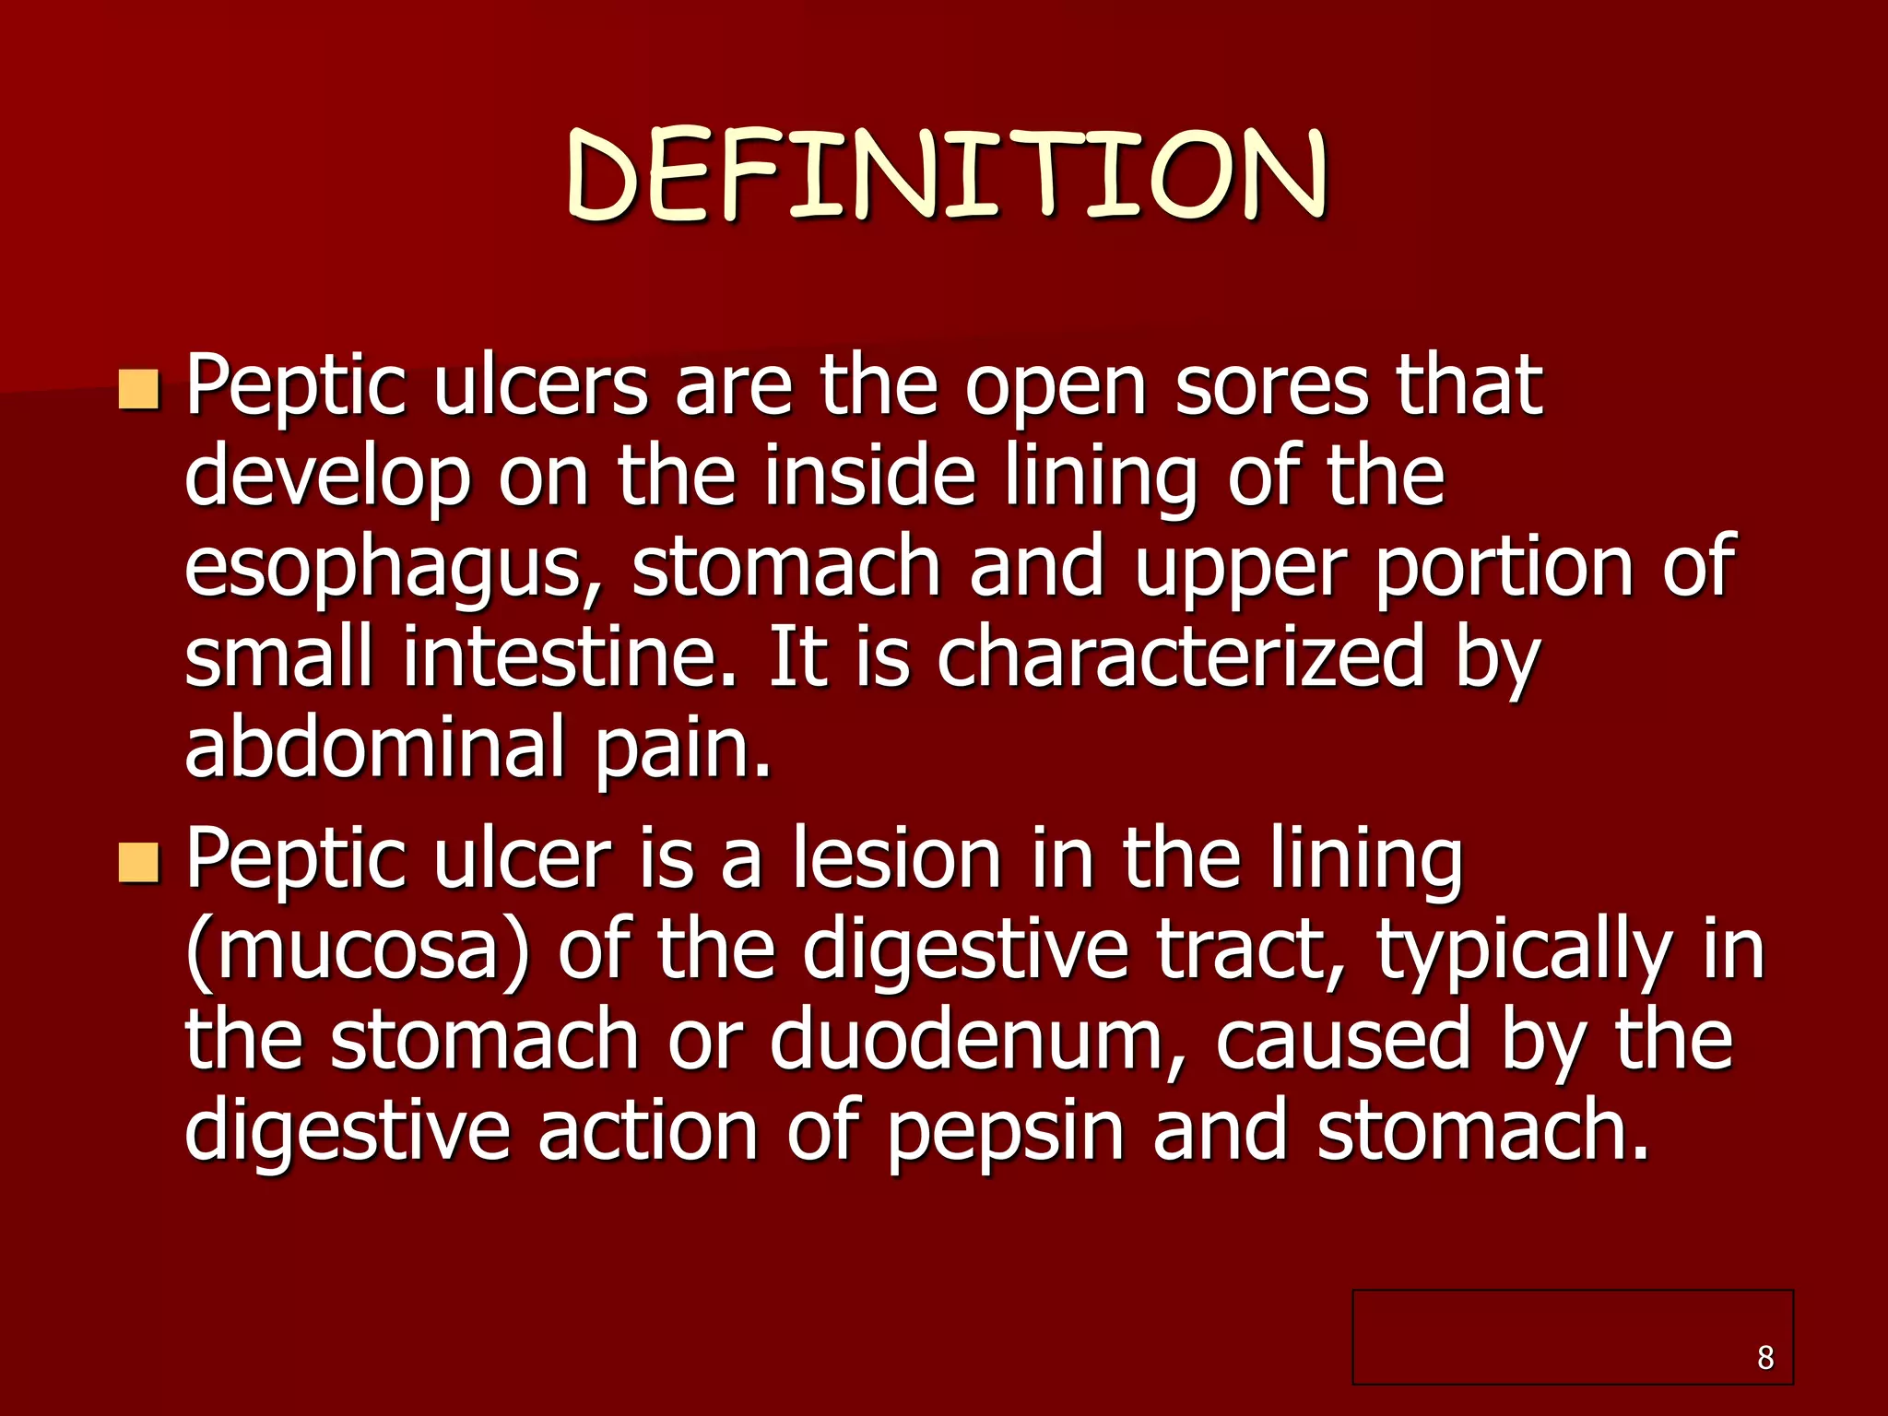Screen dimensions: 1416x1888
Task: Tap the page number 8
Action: click(x=1764, y=1357)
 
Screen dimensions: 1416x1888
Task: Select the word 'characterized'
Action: click(x=1180, y=656)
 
